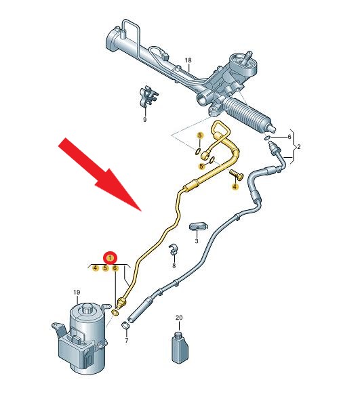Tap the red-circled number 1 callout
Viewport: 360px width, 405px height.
[111, 258]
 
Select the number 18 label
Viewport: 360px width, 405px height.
[188, 60]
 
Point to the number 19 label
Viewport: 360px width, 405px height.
[77, 293]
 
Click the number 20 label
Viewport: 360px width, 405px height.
[179, 318]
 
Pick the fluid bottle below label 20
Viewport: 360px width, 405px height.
[180, 348]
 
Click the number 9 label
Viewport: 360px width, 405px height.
[145, 120]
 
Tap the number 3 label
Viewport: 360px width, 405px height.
[197, 241]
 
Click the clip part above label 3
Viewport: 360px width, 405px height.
[199, 226]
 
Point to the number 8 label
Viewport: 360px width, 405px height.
[174, 265]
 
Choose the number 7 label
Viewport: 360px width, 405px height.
[127, 341]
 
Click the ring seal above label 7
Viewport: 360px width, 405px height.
[125, 325]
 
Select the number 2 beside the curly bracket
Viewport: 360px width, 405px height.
[299, 147]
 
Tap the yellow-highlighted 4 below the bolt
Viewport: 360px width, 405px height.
[235, 186]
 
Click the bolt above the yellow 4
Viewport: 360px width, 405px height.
[237, 174]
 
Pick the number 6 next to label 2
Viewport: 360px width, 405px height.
[289, 137]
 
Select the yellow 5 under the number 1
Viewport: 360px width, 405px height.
[105, 268]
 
